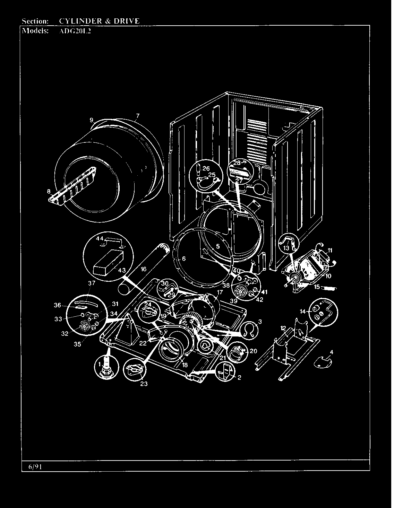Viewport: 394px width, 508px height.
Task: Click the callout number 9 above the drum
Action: click(x=92, y=120)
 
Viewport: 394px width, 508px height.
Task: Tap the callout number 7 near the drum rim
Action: click(x=138, y=116)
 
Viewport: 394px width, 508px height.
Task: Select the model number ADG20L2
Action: click(x=73, y=30)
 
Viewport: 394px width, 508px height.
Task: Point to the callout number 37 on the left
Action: click(x=91, y=283)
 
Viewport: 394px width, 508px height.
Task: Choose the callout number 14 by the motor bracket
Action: click(x=303, y=312)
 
